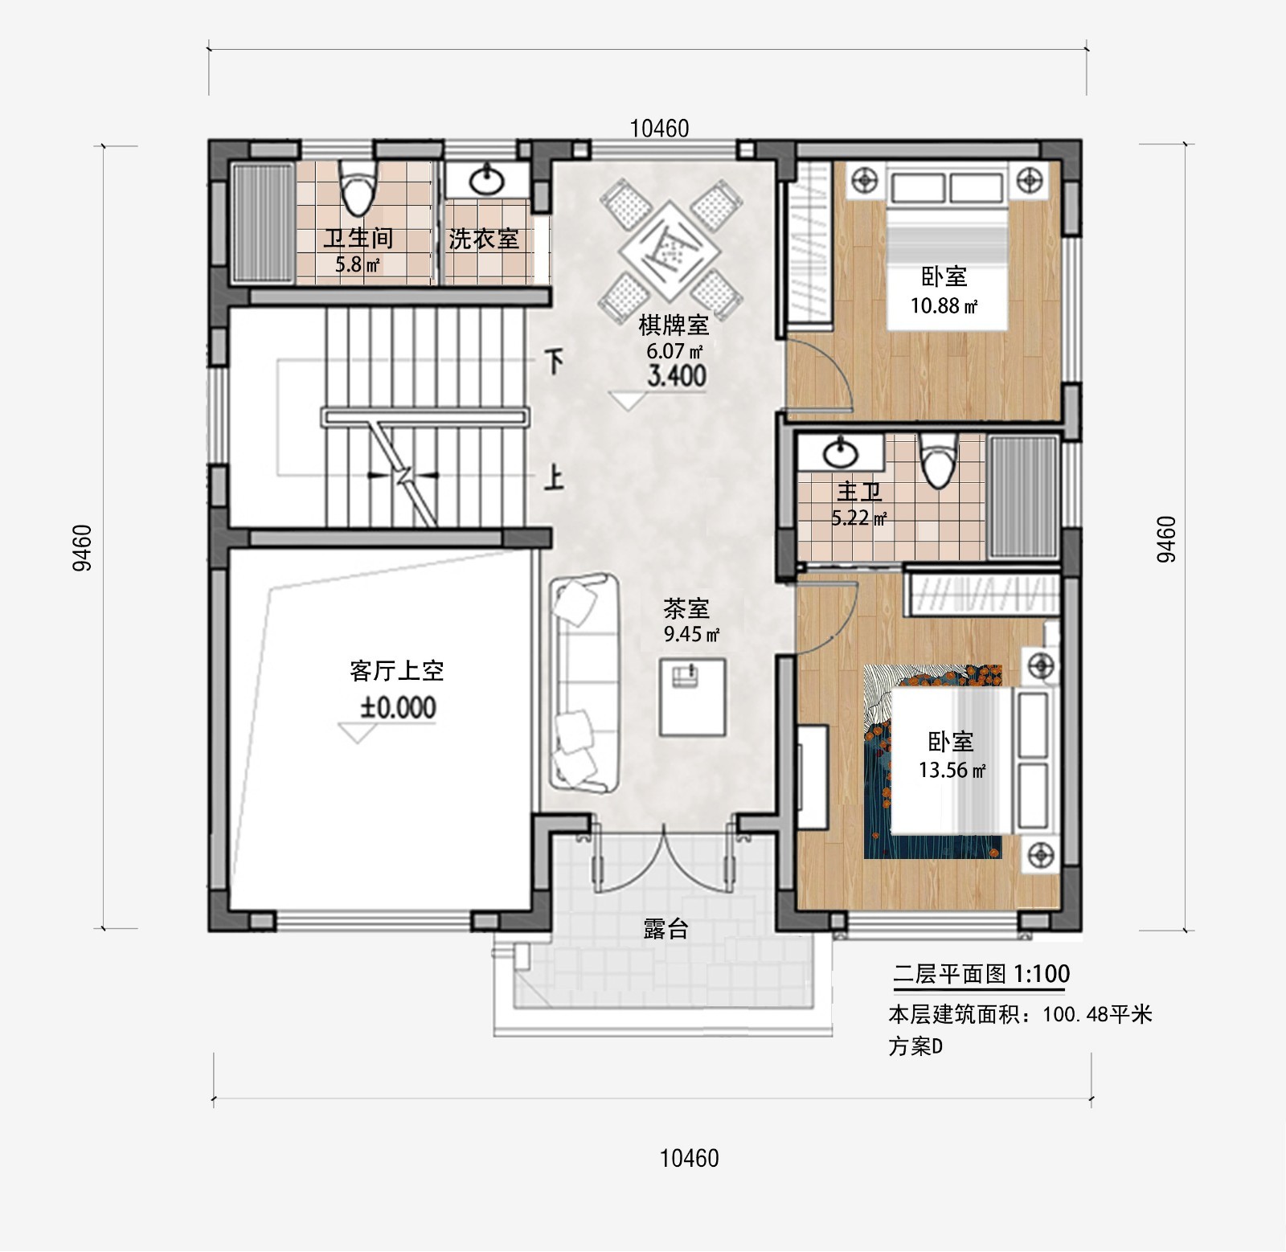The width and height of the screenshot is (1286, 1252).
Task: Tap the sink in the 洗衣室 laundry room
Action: (x=487, y=180)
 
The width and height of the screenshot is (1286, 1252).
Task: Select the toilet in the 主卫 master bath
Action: (x=937, y=460)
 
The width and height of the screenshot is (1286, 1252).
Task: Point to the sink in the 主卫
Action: (x=841, y=452)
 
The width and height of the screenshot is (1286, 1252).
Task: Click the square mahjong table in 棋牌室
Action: (x=670, y=249)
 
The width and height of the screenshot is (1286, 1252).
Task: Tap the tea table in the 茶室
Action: (x=692, y=697)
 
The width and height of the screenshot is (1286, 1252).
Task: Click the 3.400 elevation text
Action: (x=677, y=375)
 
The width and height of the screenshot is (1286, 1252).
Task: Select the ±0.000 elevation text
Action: (x=398, y=707)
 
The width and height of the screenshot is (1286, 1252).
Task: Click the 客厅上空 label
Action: (x=397, y=671)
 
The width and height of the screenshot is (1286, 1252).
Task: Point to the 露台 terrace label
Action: (x=666, y=929)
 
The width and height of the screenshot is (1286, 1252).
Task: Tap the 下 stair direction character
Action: (x=554, y=362)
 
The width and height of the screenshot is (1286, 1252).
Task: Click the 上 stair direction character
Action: (x=553, y=478)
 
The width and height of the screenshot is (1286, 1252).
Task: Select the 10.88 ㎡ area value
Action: (x=944, y=306)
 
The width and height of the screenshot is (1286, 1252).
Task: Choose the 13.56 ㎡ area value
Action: (x=952, y=770)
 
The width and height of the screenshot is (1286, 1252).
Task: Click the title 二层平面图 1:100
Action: (x=981, y=974)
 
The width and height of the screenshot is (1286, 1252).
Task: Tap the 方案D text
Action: (x=915, y=1046)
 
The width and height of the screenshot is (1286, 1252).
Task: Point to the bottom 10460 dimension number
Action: (x=689, y=1158)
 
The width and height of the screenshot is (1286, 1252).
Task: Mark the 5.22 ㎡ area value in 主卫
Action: (x=859, y=518)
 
